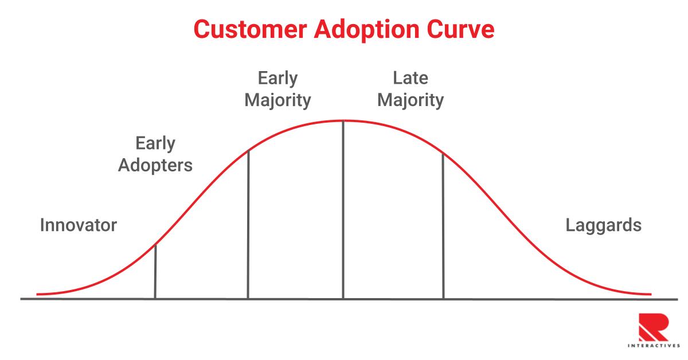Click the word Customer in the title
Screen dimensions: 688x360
point(251,29)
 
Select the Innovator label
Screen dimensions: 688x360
point(79,225)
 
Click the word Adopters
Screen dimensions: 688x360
point(155,166)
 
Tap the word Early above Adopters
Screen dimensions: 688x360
point(155,144)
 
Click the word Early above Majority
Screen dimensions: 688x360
point(277,79)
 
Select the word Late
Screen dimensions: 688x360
point(411,78)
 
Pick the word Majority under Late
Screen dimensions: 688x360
point(411,101)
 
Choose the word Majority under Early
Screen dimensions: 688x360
point(277,101)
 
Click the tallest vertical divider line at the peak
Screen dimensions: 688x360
point(343,209)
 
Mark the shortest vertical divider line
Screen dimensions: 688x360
point(155,272)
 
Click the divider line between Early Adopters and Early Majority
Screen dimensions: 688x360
point(248,224)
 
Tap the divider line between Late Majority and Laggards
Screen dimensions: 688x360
point(443,226)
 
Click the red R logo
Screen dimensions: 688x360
point(654,327)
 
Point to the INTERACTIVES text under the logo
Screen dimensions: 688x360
point(654,346)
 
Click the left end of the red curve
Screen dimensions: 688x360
point(37,294)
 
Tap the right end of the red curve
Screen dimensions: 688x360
point(651,294)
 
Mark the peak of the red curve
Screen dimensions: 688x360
point(343,121)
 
